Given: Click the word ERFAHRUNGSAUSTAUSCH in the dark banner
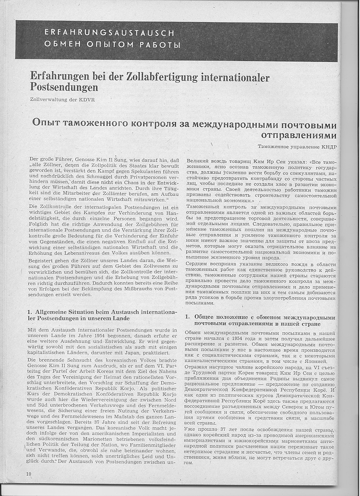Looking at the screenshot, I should (109, 33).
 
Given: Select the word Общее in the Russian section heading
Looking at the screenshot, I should (208, 317).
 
